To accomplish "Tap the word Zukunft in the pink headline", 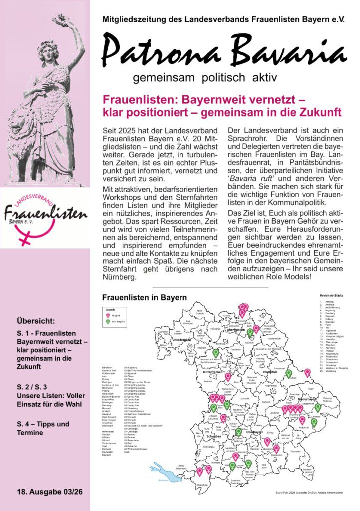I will pos(315,110).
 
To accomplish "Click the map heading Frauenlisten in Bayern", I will pos(144,297).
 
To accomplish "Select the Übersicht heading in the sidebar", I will pos(36,321).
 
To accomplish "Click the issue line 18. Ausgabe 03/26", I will pos(49,492).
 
